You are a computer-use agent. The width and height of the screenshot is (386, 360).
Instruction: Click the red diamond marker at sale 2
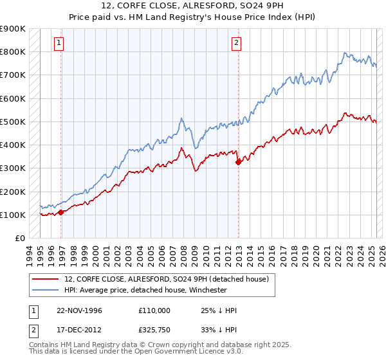tap(238, 162)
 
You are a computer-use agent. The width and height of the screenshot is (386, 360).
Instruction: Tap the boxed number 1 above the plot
tap(59, 43)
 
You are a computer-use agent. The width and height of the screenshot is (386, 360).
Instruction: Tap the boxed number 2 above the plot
tap(236, 43)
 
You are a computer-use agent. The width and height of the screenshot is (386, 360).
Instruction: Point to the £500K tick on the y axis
tap(13, 122)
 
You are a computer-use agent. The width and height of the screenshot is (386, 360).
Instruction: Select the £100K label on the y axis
tap(13, 215)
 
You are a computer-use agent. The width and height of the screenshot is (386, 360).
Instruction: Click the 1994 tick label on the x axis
tap(30, 253)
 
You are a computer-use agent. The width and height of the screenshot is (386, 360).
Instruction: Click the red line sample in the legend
tap(45, 278)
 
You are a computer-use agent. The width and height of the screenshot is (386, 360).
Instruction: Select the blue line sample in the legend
tap(45, 290)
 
